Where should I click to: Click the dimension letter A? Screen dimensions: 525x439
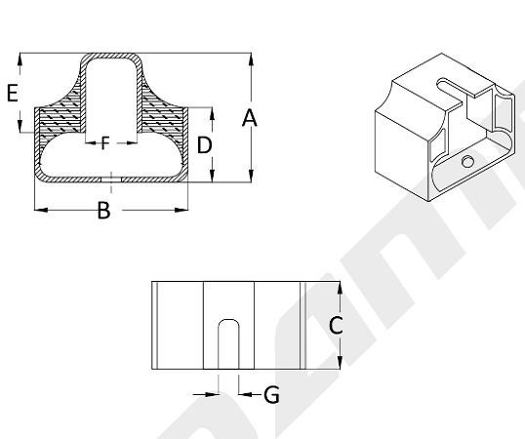(250, 118)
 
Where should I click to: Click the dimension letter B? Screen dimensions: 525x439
(103, 210)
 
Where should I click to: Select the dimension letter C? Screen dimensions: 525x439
(336, 325)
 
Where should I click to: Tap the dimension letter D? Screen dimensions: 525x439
(204, 145)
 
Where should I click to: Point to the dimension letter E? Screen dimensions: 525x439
(13, 93)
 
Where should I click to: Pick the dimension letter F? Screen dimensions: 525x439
(105, 142)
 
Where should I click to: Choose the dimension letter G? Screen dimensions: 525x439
(271, 395)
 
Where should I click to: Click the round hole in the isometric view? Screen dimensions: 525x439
(467, 161)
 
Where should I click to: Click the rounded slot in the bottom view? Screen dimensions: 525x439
(228, 344)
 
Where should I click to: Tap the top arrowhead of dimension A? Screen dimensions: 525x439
(251, 60)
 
